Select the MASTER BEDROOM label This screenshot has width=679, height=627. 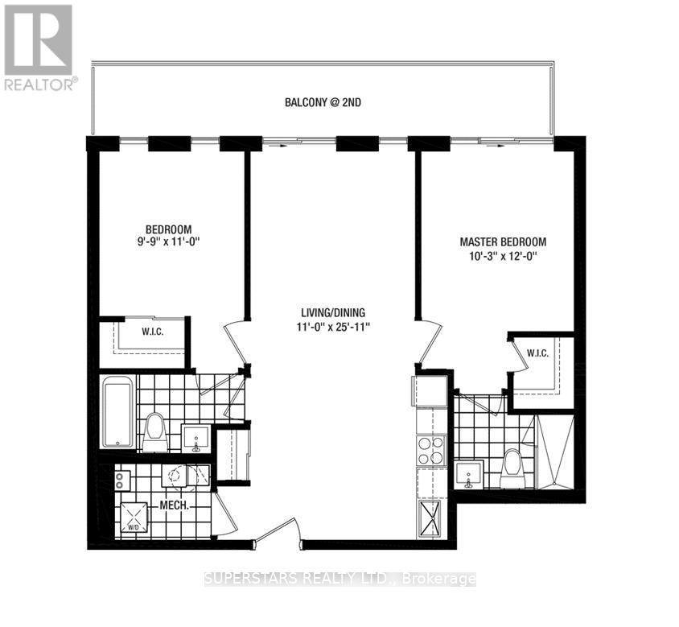coord(503,242)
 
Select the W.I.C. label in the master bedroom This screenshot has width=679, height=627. coord(537,352)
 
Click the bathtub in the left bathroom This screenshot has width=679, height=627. coord(117,413)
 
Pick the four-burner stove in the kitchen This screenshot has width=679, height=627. coord(431,450)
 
